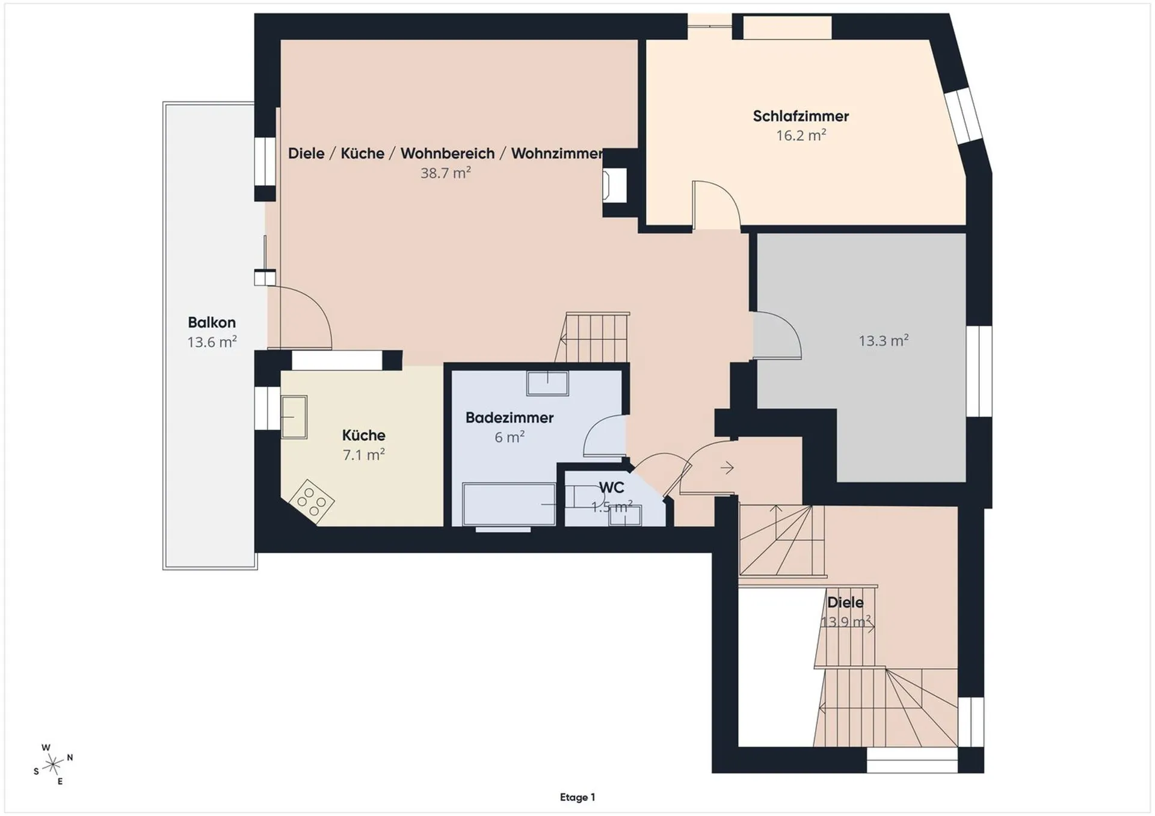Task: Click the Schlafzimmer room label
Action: [801, 116]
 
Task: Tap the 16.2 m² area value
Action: [801, 135]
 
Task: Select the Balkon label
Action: [212, 322]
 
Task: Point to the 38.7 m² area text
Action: [445, 173]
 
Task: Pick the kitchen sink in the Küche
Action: [294, 417]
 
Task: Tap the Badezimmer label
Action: [510, 417]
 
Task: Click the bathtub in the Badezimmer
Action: [509, 504]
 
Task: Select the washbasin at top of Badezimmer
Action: [547, 383]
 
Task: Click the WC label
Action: [611, 487]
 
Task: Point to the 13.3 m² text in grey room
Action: [883, 341]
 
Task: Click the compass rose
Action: [54, 765]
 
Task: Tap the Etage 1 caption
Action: [577, 797]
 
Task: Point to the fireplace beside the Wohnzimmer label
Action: [615, 185]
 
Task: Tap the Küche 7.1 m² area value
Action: [364, 455]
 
